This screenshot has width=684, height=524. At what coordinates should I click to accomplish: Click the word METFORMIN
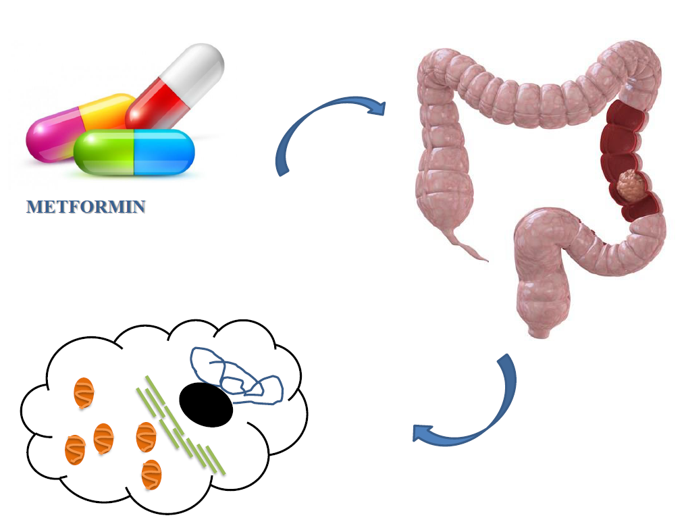pos(86,207)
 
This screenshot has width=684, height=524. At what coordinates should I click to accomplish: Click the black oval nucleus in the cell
pos(206,404)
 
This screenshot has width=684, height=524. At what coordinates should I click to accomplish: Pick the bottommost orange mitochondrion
pos(151,474)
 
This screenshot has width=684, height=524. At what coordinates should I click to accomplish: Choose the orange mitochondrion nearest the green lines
pos(146,437)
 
